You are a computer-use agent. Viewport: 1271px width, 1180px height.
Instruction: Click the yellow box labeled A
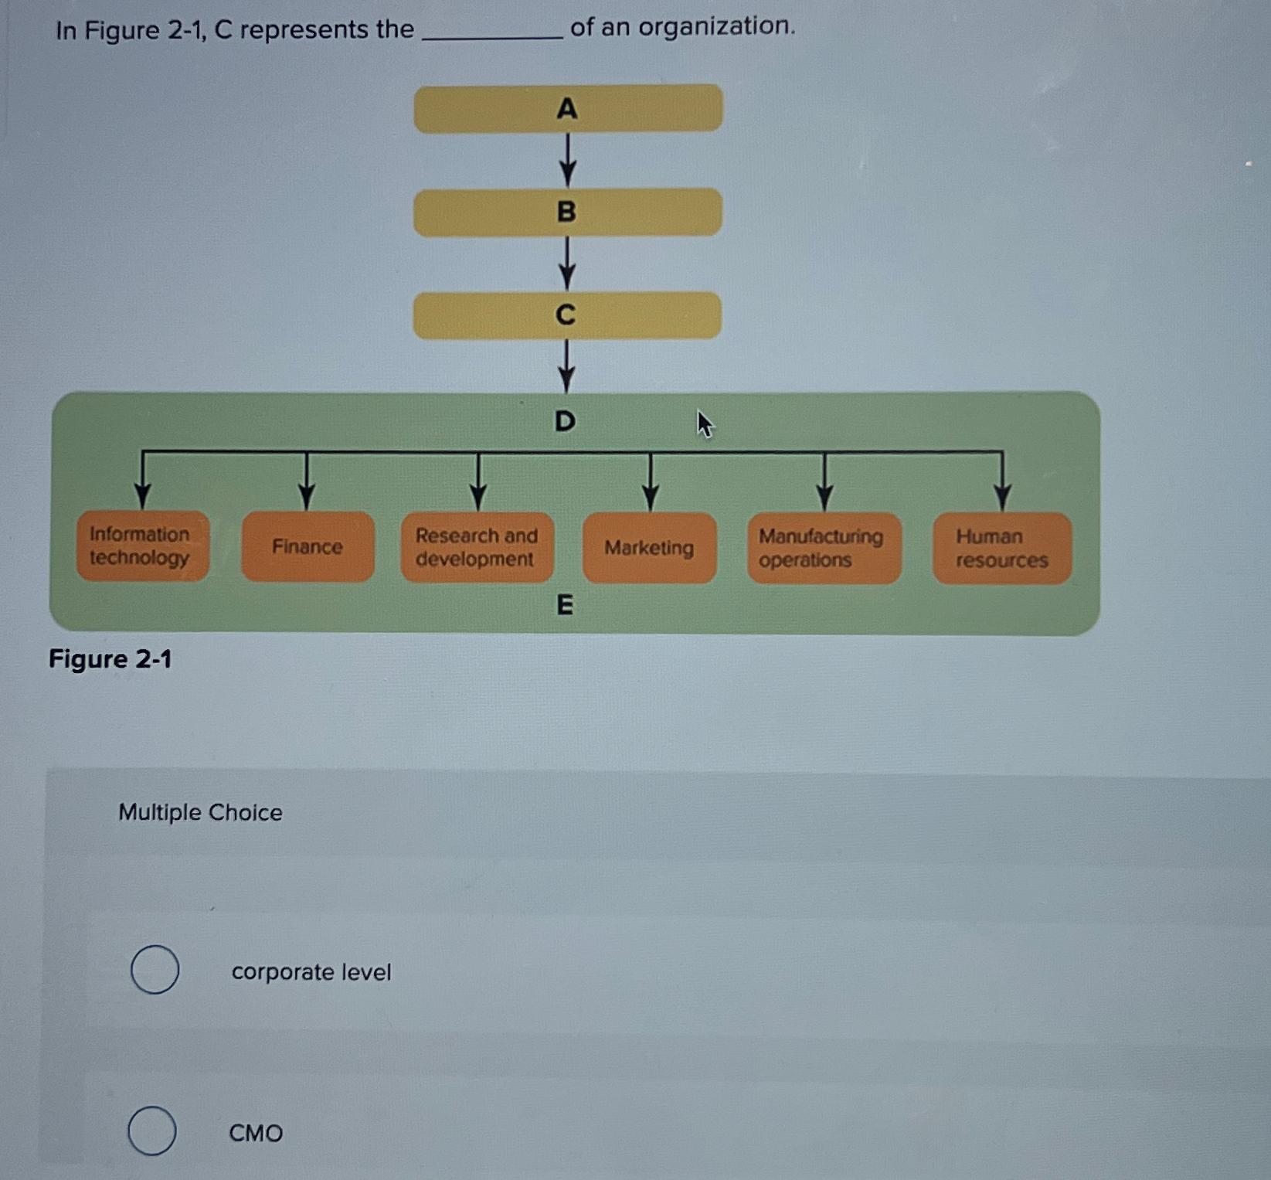[568, 108]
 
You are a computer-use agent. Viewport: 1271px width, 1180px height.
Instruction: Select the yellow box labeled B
[568, 212]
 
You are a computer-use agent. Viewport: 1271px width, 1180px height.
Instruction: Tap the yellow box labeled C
[567, 315]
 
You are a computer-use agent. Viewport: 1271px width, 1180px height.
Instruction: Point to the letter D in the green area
[566, 421]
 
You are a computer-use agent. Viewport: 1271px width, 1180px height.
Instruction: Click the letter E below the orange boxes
[565, 604]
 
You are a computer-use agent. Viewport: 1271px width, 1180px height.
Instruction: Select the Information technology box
[143, 546]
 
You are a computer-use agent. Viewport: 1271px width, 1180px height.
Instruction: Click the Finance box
[308, 546]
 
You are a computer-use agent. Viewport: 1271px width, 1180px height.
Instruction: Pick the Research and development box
[477, 547]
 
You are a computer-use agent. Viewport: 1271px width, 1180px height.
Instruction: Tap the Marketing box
[649, 548]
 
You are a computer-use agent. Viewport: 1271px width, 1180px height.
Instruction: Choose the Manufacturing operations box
[824, 548]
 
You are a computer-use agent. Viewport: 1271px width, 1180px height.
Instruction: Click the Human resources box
[1001, 548]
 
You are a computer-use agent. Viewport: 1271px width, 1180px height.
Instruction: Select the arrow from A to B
[568, 160]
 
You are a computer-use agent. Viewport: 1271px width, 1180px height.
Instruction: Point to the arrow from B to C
[567, 264]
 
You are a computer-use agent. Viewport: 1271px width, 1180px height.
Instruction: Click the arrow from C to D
[566, 366]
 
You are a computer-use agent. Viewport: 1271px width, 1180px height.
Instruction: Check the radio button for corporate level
[155, 969]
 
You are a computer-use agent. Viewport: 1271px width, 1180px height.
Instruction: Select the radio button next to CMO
[151, 1131]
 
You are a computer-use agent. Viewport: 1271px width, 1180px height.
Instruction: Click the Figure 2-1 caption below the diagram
[110, 659]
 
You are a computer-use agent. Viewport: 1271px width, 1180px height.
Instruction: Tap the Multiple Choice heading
[200, 812]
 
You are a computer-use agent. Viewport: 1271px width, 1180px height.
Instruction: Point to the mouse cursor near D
[704, 423]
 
